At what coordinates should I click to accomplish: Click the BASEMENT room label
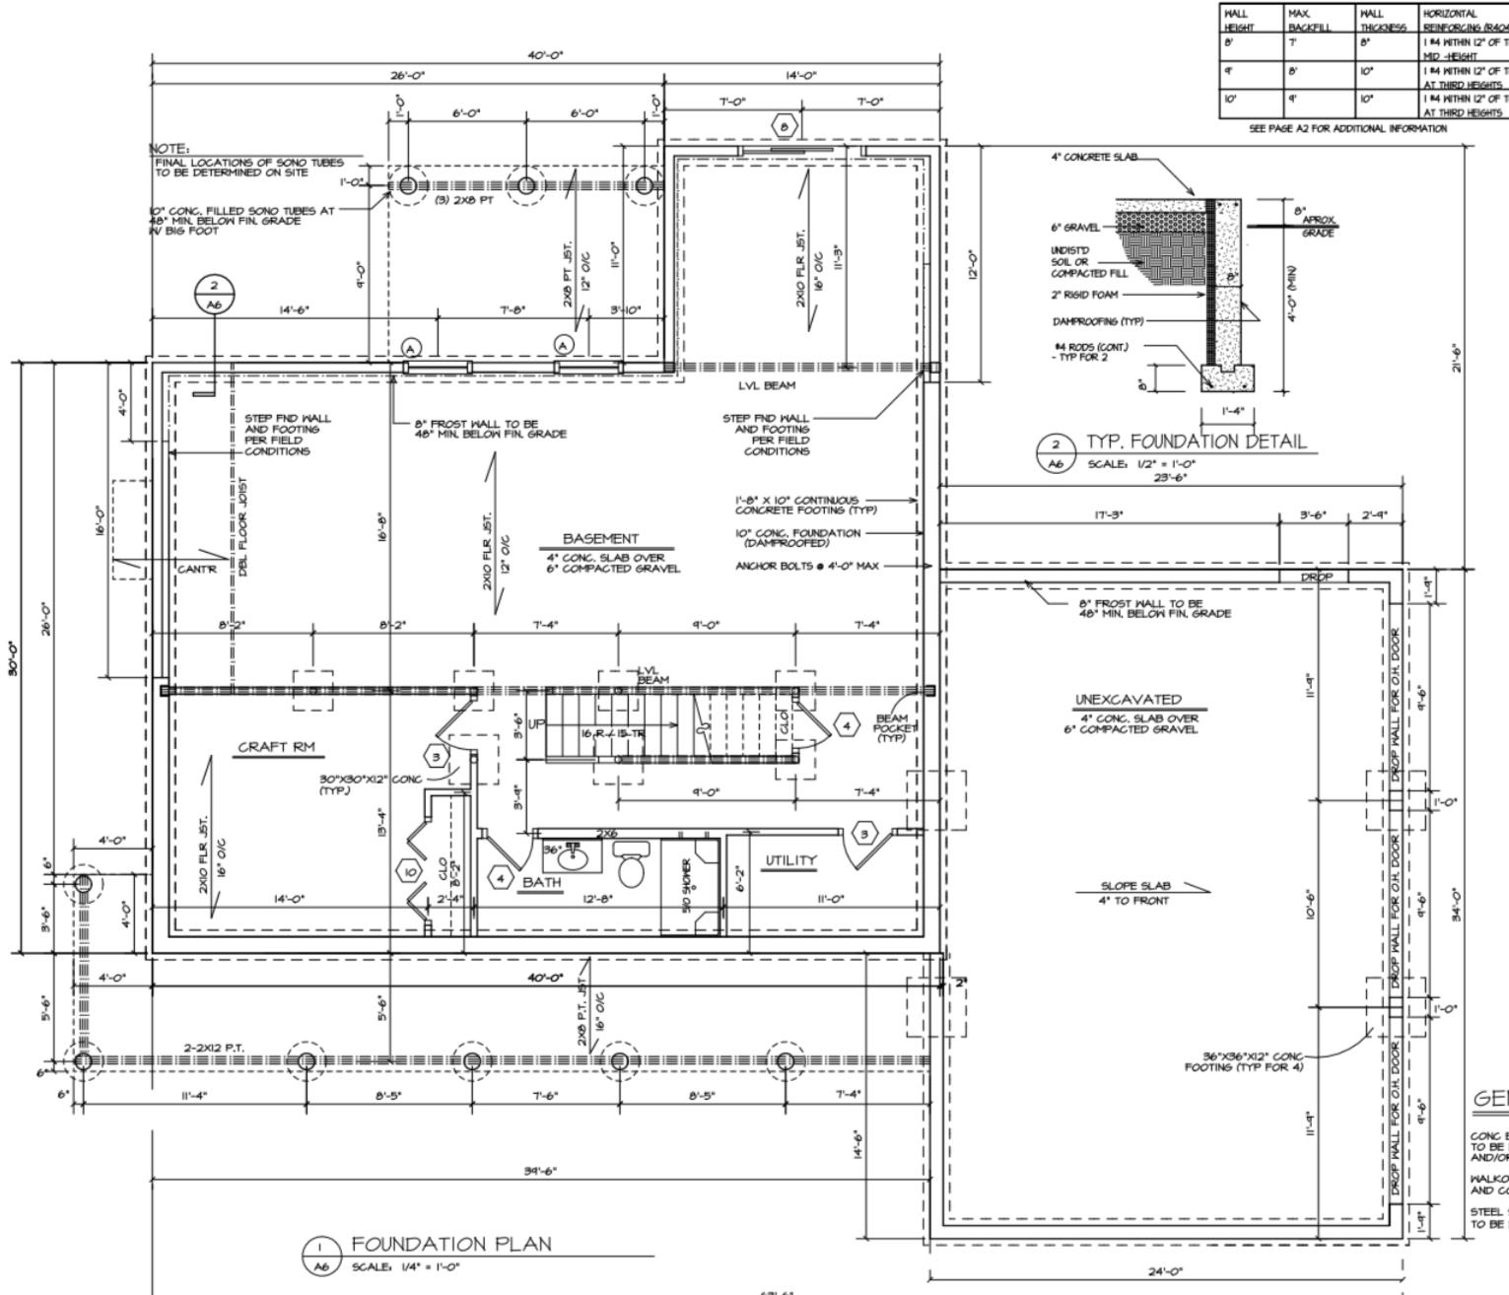coord(600,539)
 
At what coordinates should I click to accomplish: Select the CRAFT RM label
coord(277,747)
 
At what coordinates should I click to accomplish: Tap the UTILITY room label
coord(791,860)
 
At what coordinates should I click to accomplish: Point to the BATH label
coord(541,882)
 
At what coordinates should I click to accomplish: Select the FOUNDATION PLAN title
coord(451,1245)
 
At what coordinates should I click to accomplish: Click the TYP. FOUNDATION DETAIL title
coord(1196,442)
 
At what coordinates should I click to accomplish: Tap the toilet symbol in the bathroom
coord(630,868)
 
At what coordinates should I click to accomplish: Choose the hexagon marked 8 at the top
coord(785,127)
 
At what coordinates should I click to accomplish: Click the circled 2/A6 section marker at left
coord(214,295)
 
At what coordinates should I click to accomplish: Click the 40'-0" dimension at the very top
coord(545,56)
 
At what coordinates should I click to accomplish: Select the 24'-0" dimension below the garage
coord(1166,1271)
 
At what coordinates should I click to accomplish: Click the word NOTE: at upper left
coord(169,149)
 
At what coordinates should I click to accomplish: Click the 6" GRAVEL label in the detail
coord(1074,228)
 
